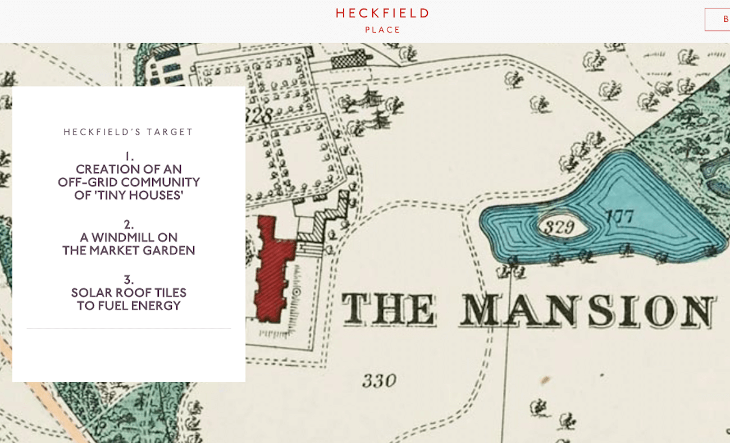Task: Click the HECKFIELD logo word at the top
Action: click(x=382, y=13)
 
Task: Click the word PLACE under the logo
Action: click(x=383, y=30)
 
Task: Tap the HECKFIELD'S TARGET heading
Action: click(x=129, y=132)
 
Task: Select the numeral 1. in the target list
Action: click(x=129, y=156)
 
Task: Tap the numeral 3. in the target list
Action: click(x=129, y=280)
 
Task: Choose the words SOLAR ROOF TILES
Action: click(x=129, y=293)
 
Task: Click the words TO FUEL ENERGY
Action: click(x=129, y=306)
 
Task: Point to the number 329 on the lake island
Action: click(x=560, y=227)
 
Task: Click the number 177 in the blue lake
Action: click(x=619, y=216)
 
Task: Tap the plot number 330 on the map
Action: click(x=379, y=381)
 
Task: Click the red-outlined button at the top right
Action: click(x=718, y=19)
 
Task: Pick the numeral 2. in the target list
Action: click(x=129, y=225)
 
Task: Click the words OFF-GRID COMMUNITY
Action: click(x=129, y=182)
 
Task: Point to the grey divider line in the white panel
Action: click(x=129, y=328)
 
